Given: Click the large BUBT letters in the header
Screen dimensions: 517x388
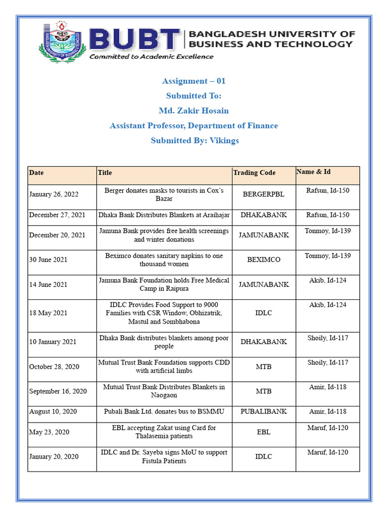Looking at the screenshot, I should (x=134, y=40).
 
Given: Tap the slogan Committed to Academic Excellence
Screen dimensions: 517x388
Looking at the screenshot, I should (x=152, y=57).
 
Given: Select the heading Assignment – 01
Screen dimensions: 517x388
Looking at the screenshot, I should (x=193, y=81).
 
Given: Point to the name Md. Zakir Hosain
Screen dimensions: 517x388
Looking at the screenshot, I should (x=193, y=111).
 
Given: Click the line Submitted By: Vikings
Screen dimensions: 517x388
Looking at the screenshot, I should (x=195, y=140).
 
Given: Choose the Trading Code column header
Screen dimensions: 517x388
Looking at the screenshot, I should (x=254, y=173).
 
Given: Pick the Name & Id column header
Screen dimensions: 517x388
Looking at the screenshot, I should (x=313, y=172).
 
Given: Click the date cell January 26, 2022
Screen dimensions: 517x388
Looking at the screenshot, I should (x=54, y=194).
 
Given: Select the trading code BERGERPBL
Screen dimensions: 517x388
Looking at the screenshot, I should (x=264, y=194).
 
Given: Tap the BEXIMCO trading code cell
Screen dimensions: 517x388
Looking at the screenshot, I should (x=264, y=260).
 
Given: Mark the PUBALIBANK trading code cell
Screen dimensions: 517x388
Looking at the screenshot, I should (x=264, y=411).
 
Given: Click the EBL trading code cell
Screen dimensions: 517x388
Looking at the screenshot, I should (x=264, y=432).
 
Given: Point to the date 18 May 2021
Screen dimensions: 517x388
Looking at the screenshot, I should (x=48, y=313).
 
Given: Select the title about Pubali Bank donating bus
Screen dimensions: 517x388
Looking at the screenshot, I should (x=164, y=411).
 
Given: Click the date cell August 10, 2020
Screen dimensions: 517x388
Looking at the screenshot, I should (x=53, y=411).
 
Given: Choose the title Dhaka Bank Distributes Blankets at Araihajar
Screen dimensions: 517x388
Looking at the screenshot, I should (x=164, y=215).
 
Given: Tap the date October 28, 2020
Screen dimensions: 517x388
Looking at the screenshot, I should (x=54, y=367).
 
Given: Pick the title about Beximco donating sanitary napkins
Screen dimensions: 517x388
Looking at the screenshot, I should (x=164, y=260).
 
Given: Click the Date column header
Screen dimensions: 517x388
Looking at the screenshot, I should (x=36, y=173).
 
